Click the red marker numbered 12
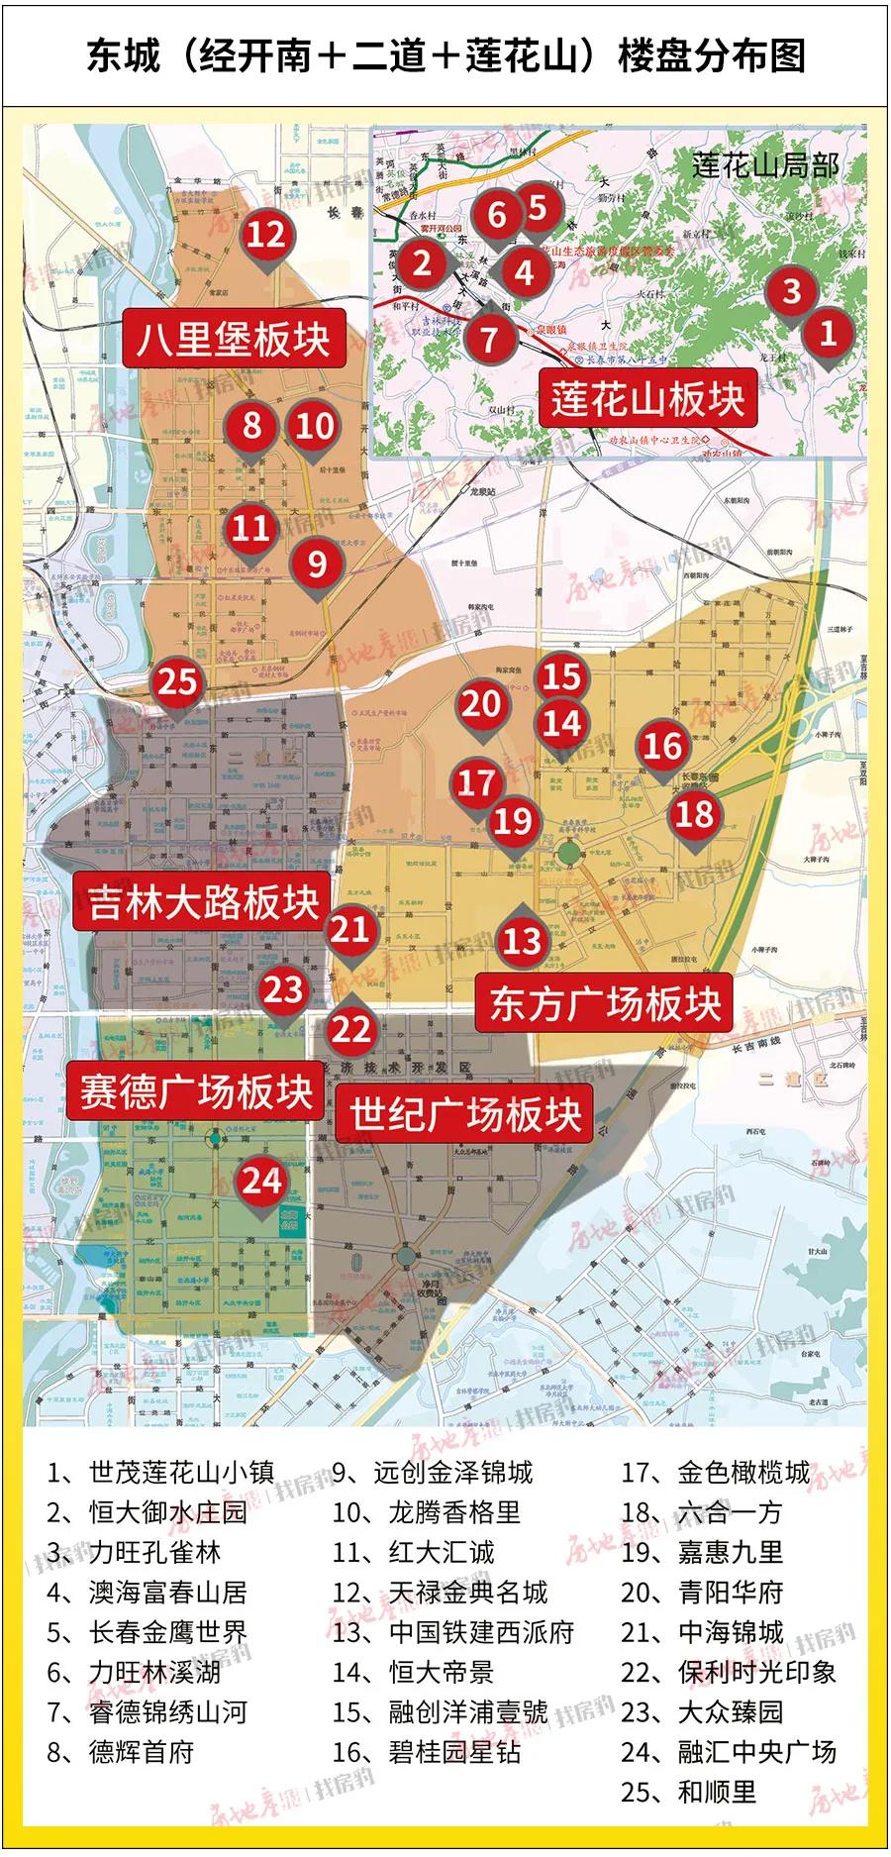tap(265, 236)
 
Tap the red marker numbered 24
tap(262, 1181)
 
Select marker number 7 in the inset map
tap(488, 339)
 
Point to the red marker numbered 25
tap(178, 682)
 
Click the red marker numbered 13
tap(522, 940)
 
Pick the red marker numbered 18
tap(694, 814)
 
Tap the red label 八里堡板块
tap(234, 339)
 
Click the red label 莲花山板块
tap(647, 399)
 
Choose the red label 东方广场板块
tap(605, 1004)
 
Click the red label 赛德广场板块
tap(197, 1092)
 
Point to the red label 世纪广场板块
tap(465, 1114)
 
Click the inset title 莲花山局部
tap(765, 164)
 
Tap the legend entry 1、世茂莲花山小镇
tap(161, 1473)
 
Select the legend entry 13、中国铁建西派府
tap(453, 1632)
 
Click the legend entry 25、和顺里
tap(689, 1792)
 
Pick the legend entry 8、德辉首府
tap(121, 1752)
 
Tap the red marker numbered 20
tap(480, 704)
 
